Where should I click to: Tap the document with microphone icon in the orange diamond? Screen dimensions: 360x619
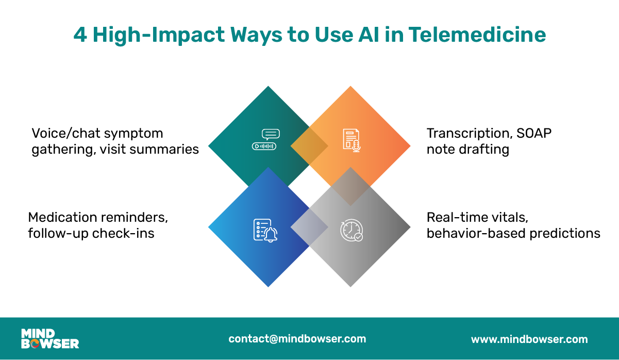[352, 140]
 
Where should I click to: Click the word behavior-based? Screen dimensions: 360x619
[470, 233]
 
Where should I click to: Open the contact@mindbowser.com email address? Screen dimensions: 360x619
[297, 339]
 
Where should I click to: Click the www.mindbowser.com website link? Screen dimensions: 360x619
[529, 339]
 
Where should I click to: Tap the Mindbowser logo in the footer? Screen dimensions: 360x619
[50, 338]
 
